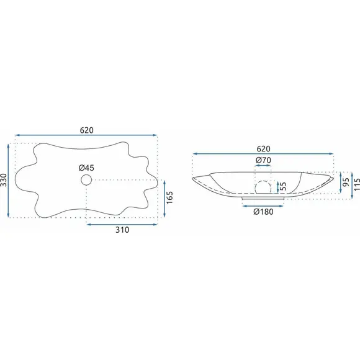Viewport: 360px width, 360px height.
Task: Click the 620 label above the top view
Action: (x=87, y=130)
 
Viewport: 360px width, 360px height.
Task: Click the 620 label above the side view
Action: (x=263, y=149)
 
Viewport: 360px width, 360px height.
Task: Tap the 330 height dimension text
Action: (x=4, y=180)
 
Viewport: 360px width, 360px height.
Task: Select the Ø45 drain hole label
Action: (x=86, y=168)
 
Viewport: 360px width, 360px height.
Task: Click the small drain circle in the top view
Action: (x=86, y=180)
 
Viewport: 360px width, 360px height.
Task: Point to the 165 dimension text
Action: (x=169, y=197)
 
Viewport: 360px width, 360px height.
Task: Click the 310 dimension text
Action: (x=122, y=230)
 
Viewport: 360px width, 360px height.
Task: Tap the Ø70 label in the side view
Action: (x=263, y=160)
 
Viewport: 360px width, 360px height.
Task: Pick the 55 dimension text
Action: (x=283, y=187)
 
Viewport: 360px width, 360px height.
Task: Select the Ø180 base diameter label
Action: (x=263, y=212)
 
